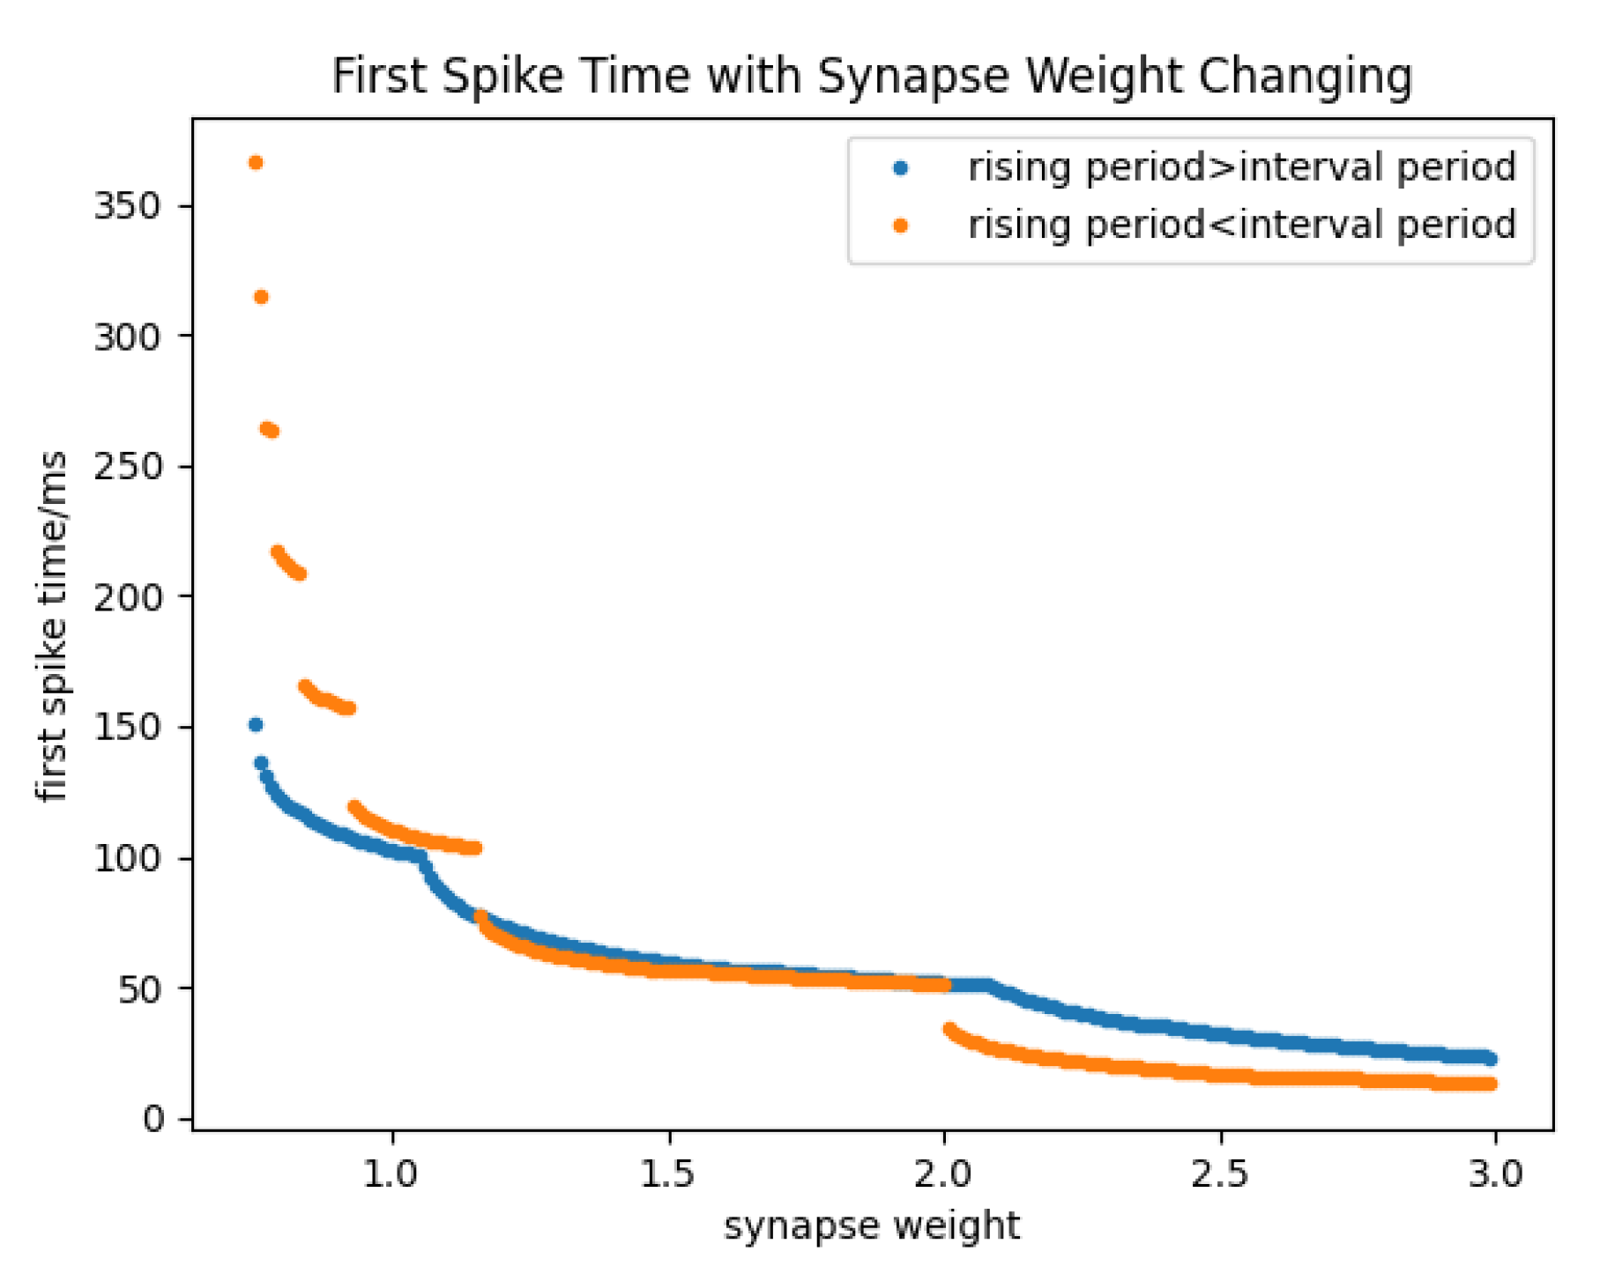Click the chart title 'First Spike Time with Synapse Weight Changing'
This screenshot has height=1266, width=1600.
(871, 76)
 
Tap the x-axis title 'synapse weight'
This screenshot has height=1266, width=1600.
(871, 1225)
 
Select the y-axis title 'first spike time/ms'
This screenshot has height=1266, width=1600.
(53, 626)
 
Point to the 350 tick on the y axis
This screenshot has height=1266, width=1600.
(127, 205)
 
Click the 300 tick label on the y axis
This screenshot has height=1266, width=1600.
(127, 336)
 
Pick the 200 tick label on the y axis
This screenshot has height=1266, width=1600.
(127, 596)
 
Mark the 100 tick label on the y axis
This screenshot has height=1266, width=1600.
(127, 857)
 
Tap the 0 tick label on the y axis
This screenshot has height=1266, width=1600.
(153, 1119)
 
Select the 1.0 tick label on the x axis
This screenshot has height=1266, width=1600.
(391, 1173)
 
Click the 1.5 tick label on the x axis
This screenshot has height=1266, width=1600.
(668, 1173)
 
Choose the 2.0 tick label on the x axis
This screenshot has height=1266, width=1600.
(944, 1173)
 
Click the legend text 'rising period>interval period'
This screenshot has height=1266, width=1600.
(1241, 167)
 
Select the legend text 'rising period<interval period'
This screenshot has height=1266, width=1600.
(1241, 225)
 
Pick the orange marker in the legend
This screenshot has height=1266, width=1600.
(900, 226)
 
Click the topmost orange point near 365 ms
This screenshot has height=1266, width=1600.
(256, 163)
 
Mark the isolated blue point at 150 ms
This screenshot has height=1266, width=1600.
(256, 725)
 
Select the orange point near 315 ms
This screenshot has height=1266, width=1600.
(261, 298)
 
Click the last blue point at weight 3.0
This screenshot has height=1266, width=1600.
(1490, 1059)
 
